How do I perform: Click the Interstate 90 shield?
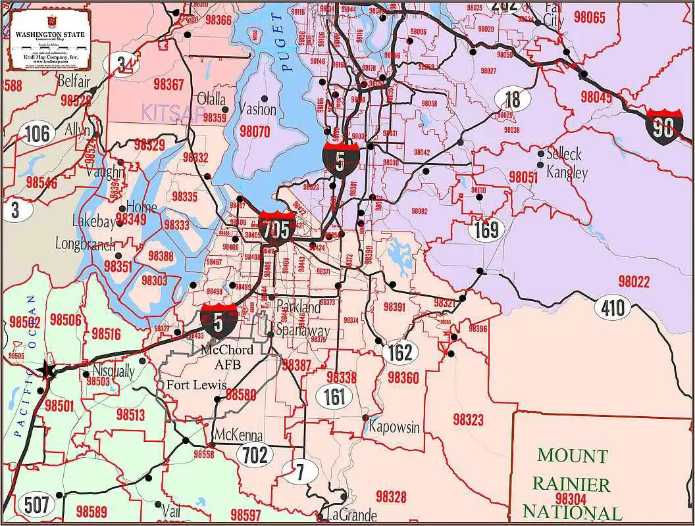[x=663, y=127]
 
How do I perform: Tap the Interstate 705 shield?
[x=276, y=228]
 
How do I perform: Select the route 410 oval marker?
[x=612, y=306]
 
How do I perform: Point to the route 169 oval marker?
[x=486, y=229]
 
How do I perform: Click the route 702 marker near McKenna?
[x=255, y=454]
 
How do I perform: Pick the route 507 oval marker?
[x=36, y=505]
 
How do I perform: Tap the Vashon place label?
[x=257, y=108]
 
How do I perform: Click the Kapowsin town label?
[x=394, y=427]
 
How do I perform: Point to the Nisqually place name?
[x=114, y=371]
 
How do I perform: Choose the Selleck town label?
[x=564, y=155]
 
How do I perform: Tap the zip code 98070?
[x=255, y=131]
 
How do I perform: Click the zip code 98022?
[x=634, y=282]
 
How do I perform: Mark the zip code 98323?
[x=468, y=419]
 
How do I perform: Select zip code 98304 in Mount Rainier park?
[x=571, y=499]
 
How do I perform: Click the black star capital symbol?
[x=47, y=370]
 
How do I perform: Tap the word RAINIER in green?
[x=571, y=485]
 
